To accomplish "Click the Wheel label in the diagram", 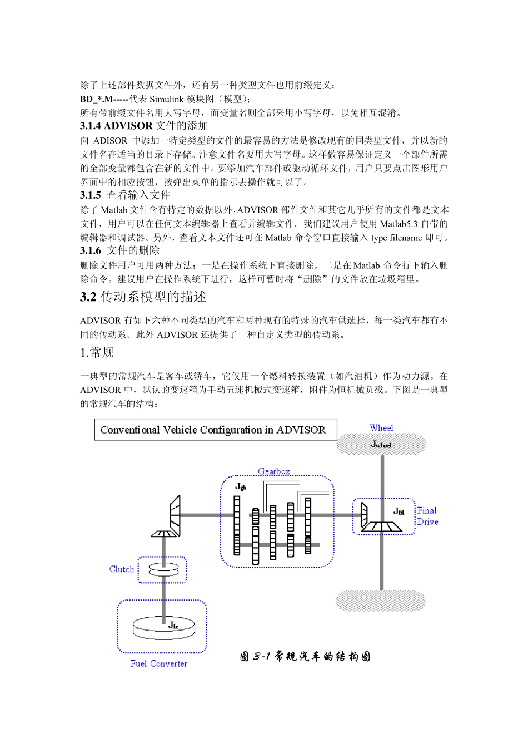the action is click(381, 428).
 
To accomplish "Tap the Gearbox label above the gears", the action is click(274, 471).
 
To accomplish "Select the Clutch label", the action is click(122, 569).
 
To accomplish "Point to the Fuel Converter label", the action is click(158, 663).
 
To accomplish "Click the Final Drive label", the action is click(427, 516).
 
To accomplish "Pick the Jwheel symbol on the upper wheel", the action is click(381, 444).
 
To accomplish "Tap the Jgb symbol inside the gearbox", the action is click(241, 486).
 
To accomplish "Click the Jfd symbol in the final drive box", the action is click(399, 511).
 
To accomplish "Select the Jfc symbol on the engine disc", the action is click(173, 625).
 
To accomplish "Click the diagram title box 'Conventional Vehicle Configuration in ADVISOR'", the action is click(215, 430).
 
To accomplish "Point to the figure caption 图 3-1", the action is click(305, 657).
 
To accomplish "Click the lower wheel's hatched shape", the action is click(381, 601).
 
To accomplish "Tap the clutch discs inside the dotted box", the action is click(163, 569).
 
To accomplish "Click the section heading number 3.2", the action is click(88, 297).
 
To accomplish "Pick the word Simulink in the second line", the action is click(167, 99).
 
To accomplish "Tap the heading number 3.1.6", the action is click(91, 251).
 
